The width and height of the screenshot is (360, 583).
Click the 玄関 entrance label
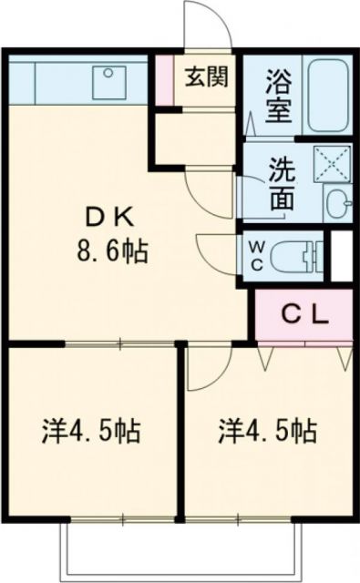pyautogui.click(x=208, y=77)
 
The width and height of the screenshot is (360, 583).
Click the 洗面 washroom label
pyautogui.click(x=281, y=182)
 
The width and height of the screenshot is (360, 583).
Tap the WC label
pyautogui.click(x=255, y=254)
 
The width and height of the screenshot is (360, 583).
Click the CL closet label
pyautogui.click(x=303, y=315)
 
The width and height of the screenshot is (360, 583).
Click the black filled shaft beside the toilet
pyautogui.click(x=341, y=256)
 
